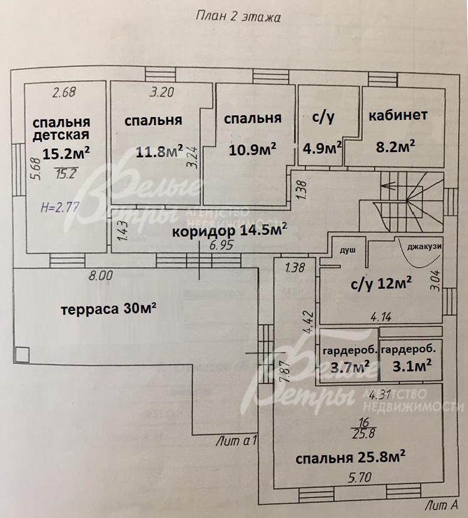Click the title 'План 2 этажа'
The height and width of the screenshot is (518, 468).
click(237, 17)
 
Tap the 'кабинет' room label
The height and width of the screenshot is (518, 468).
click(398, 115)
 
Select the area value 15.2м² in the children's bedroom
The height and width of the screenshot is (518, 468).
click(66, 152)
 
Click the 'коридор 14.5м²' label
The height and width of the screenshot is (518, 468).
click(230, 231)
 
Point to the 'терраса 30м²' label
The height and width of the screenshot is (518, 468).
click(108, 308)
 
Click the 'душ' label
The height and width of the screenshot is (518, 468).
click(347, 250)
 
